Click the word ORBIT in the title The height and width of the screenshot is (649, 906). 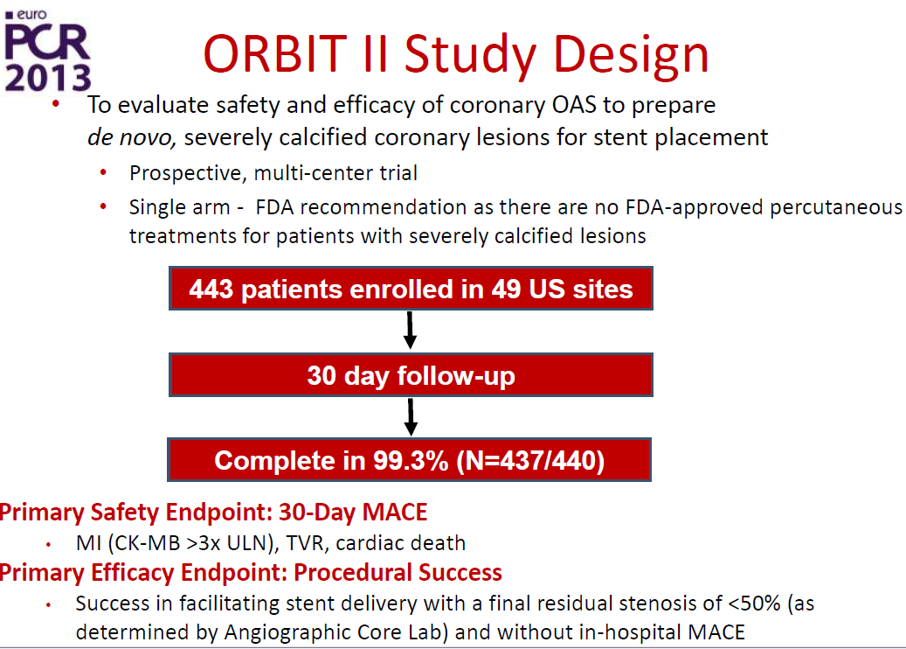click(275, 54)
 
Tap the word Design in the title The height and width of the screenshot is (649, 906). click(631, 56)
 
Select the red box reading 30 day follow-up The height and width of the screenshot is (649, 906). click(411, 375)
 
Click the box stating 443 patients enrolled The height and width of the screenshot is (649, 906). click(411, 288)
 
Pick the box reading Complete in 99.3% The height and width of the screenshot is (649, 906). click(410, 460)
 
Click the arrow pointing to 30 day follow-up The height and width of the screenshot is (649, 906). click(411, 331)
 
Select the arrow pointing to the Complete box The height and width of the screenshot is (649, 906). click(411, 417)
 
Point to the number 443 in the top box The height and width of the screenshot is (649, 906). click(211, 289)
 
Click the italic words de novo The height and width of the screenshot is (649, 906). click(132, 137)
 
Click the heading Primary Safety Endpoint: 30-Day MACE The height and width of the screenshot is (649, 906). click(213, 513)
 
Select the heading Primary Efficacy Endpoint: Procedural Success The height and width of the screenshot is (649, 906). click(251, 573)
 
